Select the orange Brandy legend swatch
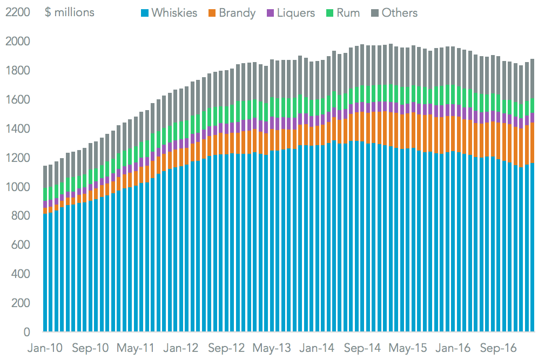click(x=211, y=12)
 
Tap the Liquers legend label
click(x=295, y=12)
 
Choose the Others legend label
click(x=399, y=12)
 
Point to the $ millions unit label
click(x=70, y=12)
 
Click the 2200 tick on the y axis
click(x=17, y=12)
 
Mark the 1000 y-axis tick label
click(x=17, y=187)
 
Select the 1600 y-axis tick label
click(x=17, y=100)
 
